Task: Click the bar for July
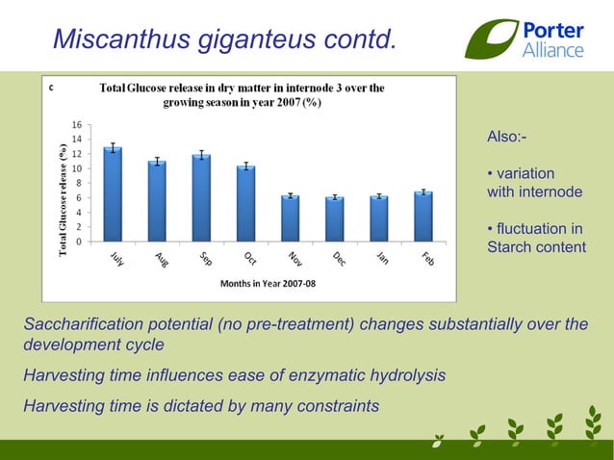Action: point(113,194)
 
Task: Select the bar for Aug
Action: point(157,201)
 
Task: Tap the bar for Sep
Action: point(201,198)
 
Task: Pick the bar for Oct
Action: point(246,204)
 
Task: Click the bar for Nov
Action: point(291,218)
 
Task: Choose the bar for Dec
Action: point(335,219)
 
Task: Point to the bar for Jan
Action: point(379,218)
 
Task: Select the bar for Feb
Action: point(423,217)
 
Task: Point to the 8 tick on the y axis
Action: point(78,183)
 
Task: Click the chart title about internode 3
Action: point(242,94)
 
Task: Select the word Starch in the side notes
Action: point(511,247)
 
